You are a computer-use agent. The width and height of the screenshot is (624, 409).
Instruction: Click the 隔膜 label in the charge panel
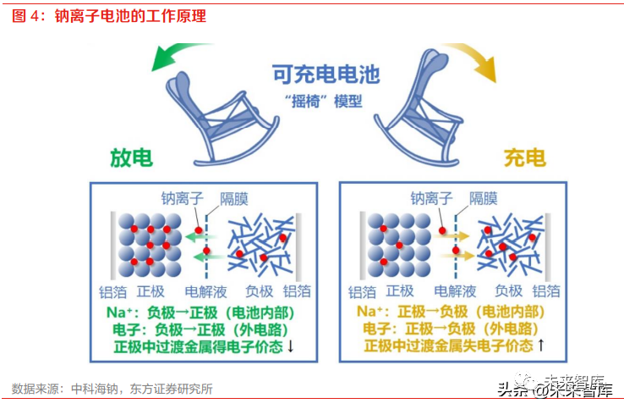click(483, 198)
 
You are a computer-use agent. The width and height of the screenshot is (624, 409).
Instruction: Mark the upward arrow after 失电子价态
click(541, 345)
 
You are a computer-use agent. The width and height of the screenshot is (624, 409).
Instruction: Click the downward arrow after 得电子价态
click(291, 345)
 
